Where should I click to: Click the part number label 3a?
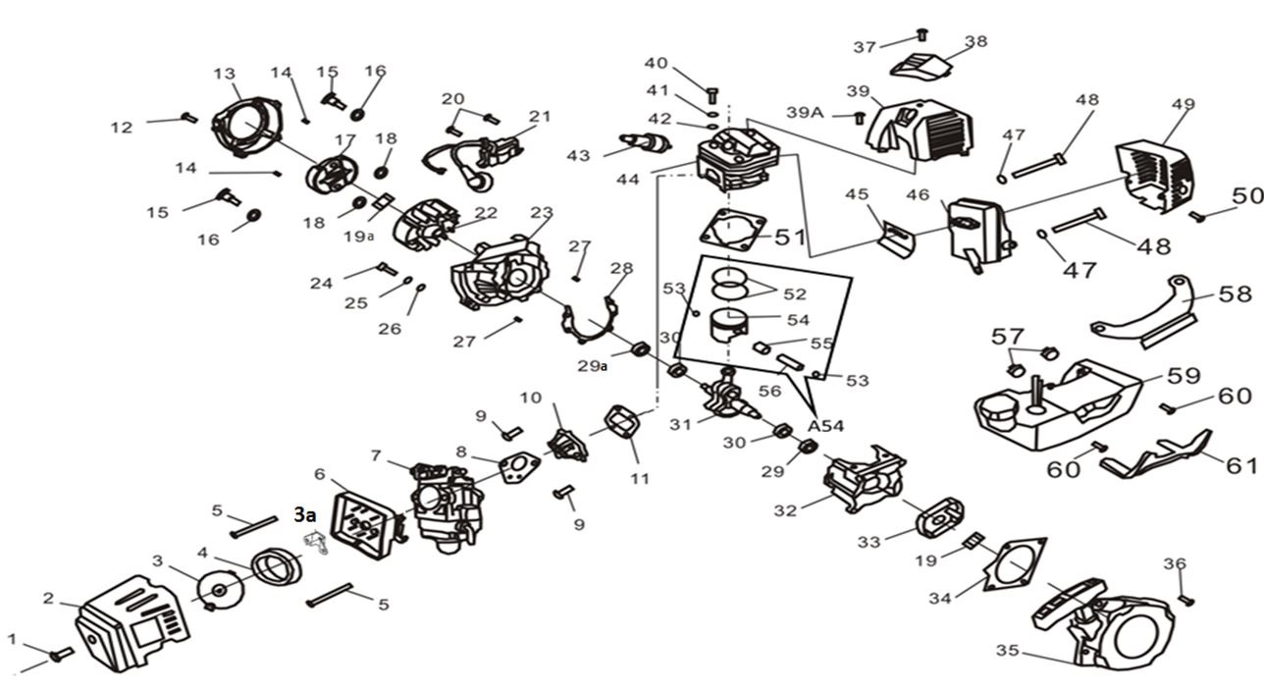click(x=305, y=514)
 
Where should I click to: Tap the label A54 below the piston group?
click(x=826, y=426)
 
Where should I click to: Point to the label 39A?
click(x=805, y=113)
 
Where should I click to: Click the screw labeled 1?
click(x=60, y=653)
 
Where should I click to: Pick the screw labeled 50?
click(x=1196, y=215)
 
